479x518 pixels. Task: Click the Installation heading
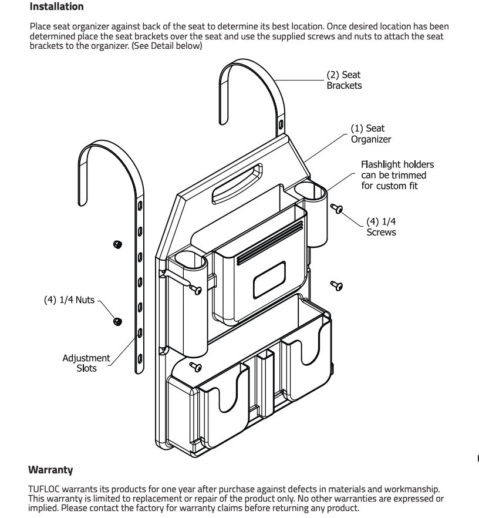(x=56, y=7)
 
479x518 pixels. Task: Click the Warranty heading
(x=50, y=470)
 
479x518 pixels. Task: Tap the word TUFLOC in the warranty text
(x=45, y=489)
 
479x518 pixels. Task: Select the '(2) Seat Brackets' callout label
(x=344, y=80)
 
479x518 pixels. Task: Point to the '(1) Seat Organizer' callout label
(x=370, y=133)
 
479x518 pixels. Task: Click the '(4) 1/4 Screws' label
(x=381, y=227)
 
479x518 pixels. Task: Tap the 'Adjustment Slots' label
(x=86, y=363)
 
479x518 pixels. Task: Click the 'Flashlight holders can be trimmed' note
(x=397, y=175)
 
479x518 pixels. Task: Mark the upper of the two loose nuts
(x=117, y=244)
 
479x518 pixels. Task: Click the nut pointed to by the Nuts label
(x=117, y=321)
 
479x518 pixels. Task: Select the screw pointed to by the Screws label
(x=338, y=208)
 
